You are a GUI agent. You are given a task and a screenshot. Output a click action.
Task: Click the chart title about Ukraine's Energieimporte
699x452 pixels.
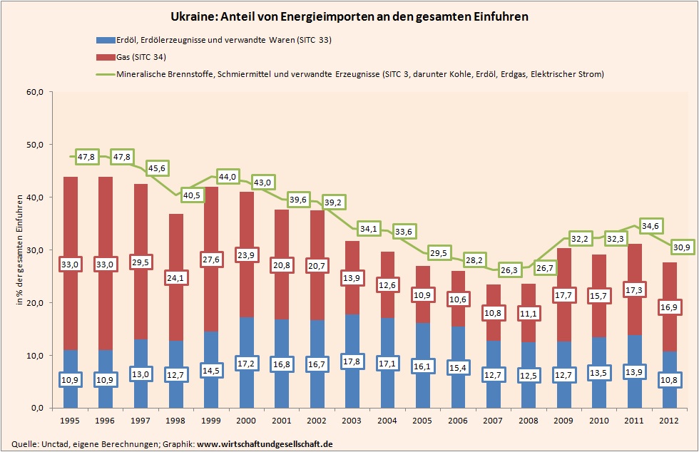point(349,16)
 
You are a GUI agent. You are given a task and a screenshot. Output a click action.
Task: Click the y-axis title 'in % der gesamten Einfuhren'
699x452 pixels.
point(19,250)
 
